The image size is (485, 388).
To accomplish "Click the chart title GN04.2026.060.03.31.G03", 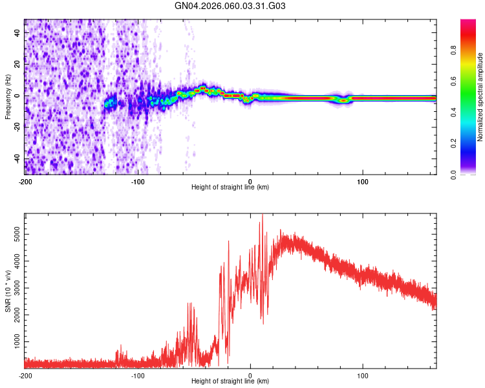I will pos(230,6).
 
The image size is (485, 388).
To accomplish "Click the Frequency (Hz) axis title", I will pos(8,97).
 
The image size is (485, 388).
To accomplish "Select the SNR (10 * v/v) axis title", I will pos(8,290).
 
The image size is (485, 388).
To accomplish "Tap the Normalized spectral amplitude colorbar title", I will pos(480,98).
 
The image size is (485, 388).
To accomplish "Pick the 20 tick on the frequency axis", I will pos(17,64).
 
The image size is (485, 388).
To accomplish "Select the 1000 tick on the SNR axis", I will pos(13,340).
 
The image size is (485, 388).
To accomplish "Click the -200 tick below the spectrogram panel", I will pos(25,181).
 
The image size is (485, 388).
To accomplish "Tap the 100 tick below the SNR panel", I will pos(363,375).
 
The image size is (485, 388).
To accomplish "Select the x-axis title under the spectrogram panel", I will pos(230,188).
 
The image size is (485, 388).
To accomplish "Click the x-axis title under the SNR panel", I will pos(230,382).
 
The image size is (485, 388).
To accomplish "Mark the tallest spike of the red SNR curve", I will pos(262,215).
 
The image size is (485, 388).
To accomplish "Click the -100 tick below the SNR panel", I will pos(138,375).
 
